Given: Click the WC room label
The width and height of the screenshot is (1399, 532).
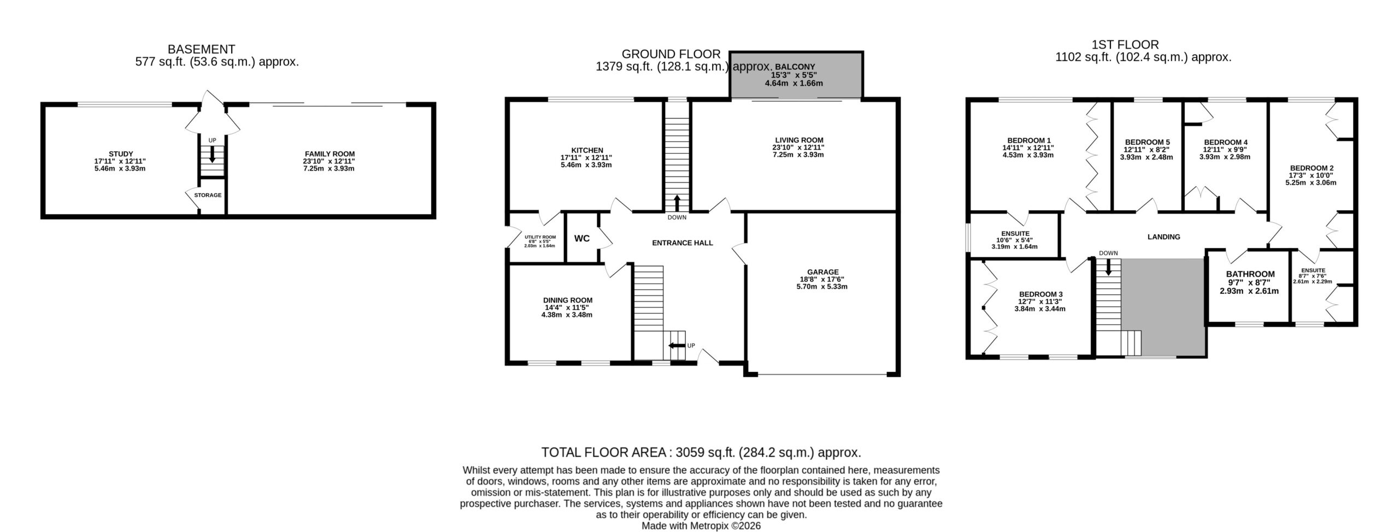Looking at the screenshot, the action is click(581, 238).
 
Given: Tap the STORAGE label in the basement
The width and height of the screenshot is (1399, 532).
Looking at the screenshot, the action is click(208, 195).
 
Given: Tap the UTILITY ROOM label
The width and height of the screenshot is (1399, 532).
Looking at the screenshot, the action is click(540, 237).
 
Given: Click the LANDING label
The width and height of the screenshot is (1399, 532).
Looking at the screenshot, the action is click(1163, 237).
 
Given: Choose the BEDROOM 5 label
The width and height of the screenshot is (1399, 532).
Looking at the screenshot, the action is click(1143, 142).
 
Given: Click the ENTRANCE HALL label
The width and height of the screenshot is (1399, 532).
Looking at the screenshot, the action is click(683, 243).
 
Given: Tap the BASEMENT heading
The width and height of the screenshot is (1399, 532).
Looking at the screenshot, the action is click(201, 49).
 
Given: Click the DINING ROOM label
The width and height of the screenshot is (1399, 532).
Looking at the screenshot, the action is click(568, 300).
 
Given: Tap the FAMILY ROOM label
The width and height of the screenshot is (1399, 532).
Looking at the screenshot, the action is click(330, 154).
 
